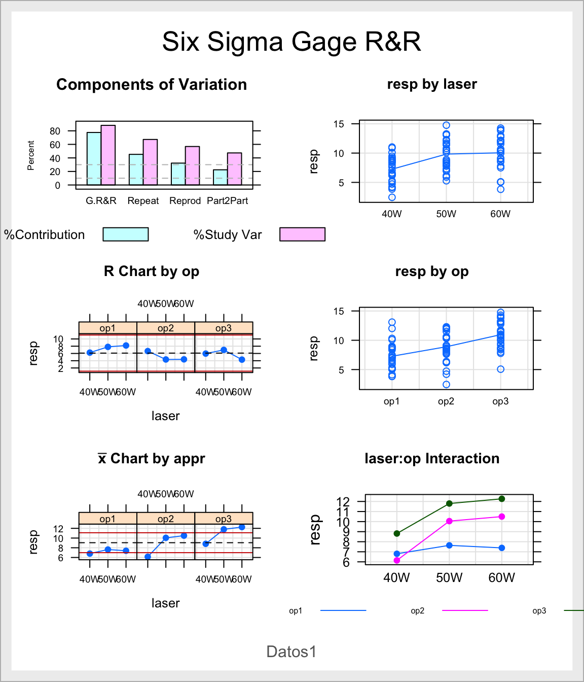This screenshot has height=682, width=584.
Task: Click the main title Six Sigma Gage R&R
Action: coord(291,42)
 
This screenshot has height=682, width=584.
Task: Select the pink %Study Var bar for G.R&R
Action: coord(108,155)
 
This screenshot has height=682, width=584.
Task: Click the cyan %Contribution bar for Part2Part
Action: coord(220,177)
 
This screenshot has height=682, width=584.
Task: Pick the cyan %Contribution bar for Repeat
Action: coord(136,169)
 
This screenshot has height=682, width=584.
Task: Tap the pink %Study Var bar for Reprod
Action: coord(192,165)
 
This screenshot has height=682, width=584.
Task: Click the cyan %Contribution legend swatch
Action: coord(126,234)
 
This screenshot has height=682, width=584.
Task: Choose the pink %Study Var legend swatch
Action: coord(302,234)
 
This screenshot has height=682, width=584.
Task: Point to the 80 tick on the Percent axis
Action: coord(55,131)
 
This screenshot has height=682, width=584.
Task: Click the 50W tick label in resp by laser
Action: coord(446,214)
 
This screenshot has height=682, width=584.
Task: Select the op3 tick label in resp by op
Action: coord(500,401)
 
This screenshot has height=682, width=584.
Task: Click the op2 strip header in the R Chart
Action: coord(166,328)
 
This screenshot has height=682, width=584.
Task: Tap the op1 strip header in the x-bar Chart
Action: coord(107,519)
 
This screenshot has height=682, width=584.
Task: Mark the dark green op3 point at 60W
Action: coord(502,499)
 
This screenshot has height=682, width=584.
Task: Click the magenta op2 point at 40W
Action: coord(397,560)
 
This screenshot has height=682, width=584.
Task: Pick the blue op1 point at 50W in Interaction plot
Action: coord(449,545)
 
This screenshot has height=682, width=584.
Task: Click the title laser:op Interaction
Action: coord(432,459)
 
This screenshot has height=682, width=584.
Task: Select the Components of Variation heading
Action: coord(152,85)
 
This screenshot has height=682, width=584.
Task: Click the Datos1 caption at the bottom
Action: coord(291,652)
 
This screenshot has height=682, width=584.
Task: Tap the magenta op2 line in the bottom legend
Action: coord(465,610)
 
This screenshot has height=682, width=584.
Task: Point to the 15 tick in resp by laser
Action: coord(339,124)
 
